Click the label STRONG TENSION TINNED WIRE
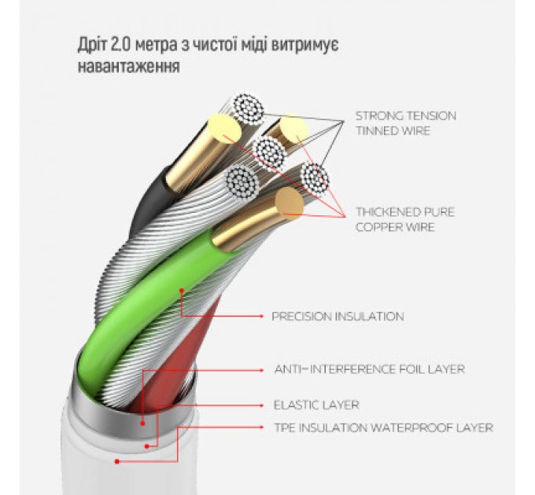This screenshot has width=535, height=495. (405, 123)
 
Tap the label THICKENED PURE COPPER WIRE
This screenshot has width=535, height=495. (404, 219)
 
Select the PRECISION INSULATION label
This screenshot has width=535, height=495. (338, 317)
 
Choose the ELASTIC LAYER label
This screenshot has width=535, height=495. (316, 405)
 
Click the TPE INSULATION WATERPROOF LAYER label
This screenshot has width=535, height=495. (383, 428)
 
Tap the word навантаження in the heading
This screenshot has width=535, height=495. (128, 67)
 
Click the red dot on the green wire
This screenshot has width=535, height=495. (182, 291)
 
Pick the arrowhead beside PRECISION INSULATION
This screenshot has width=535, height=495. (262, 317)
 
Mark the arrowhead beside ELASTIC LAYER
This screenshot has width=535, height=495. (262, 405)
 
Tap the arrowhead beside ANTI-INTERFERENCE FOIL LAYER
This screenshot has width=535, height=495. (262, 368)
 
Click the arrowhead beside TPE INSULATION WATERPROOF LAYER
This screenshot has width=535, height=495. (262, 428)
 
